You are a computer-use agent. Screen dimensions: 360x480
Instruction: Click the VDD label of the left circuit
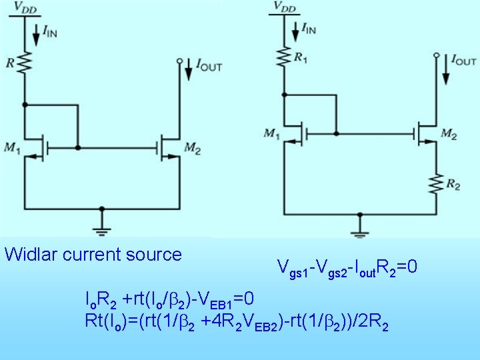27,8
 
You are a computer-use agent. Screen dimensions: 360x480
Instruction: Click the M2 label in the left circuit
193,146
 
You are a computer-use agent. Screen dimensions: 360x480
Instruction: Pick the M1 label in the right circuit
271,134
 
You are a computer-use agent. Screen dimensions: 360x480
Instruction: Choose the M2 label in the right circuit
449,135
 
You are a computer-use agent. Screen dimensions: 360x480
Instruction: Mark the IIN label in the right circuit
309,28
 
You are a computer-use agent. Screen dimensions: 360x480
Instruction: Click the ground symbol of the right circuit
360,233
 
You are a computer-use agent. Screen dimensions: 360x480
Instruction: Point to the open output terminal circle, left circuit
180,61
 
